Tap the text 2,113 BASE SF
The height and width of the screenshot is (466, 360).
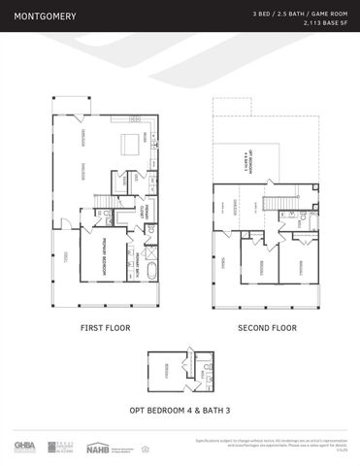(325, 22)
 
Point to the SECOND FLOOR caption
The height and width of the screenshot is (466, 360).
(267, 328)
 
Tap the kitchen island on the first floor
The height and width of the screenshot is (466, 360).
(129, 144)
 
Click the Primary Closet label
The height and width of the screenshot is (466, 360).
(142, 211)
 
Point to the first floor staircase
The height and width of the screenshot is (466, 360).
(101, 202)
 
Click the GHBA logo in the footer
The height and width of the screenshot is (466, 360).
(24, 446)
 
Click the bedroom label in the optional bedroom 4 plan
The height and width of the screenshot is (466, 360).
(166, 367)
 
